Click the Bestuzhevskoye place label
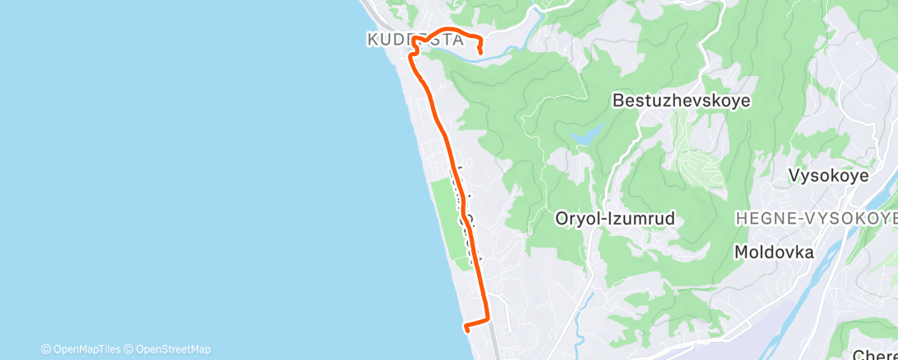(681, 101)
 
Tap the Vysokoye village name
(827, 176)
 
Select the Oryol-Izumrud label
(615, 220)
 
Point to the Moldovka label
(773, 252)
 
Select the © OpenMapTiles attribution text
(80, 349)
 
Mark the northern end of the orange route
(480, 54)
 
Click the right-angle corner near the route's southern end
(488, 319)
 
